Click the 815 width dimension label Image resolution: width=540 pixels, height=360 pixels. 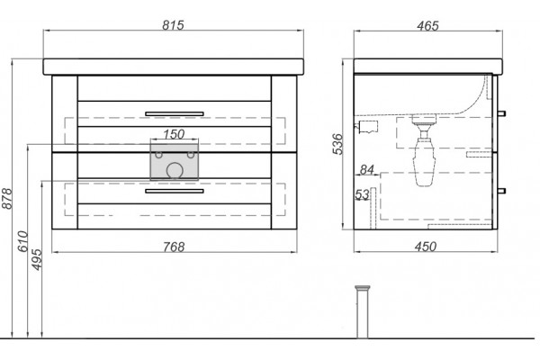173,25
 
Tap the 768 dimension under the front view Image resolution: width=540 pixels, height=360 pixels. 174,247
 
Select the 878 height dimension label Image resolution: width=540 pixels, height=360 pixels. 7,198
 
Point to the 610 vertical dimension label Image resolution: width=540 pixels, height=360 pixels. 22,241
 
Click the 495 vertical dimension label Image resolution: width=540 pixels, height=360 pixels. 37,259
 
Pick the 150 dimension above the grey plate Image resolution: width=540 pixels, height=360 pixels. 174,134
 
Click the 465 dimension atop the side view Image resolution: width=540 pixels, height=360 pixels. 427,25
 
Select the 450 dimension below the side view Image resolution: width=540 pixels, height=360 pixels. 426,247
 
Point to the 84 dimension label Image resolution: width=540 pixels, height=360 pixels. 367,169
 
